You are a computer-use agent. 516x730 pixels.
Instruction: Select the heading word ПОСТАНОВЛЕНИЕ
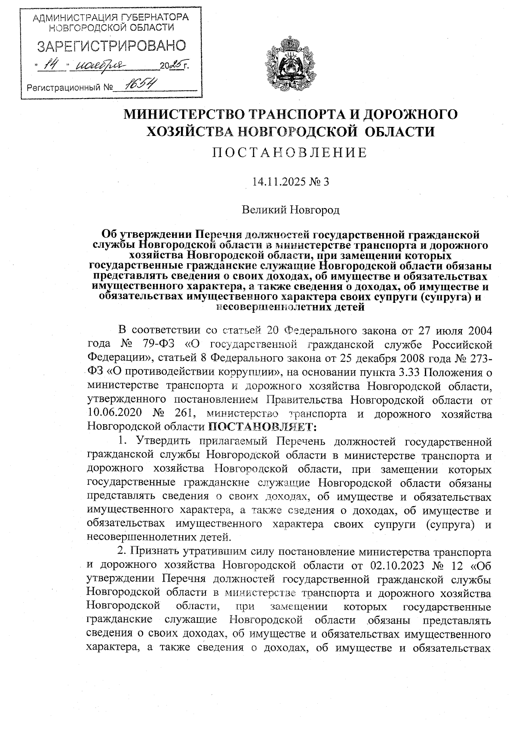coord(291,153)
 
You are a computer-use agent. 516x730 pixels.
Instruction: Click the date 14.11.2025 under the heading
coord(280,182)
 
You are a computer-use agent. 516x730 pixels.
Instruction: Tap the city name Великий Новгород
coord(291,210)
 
